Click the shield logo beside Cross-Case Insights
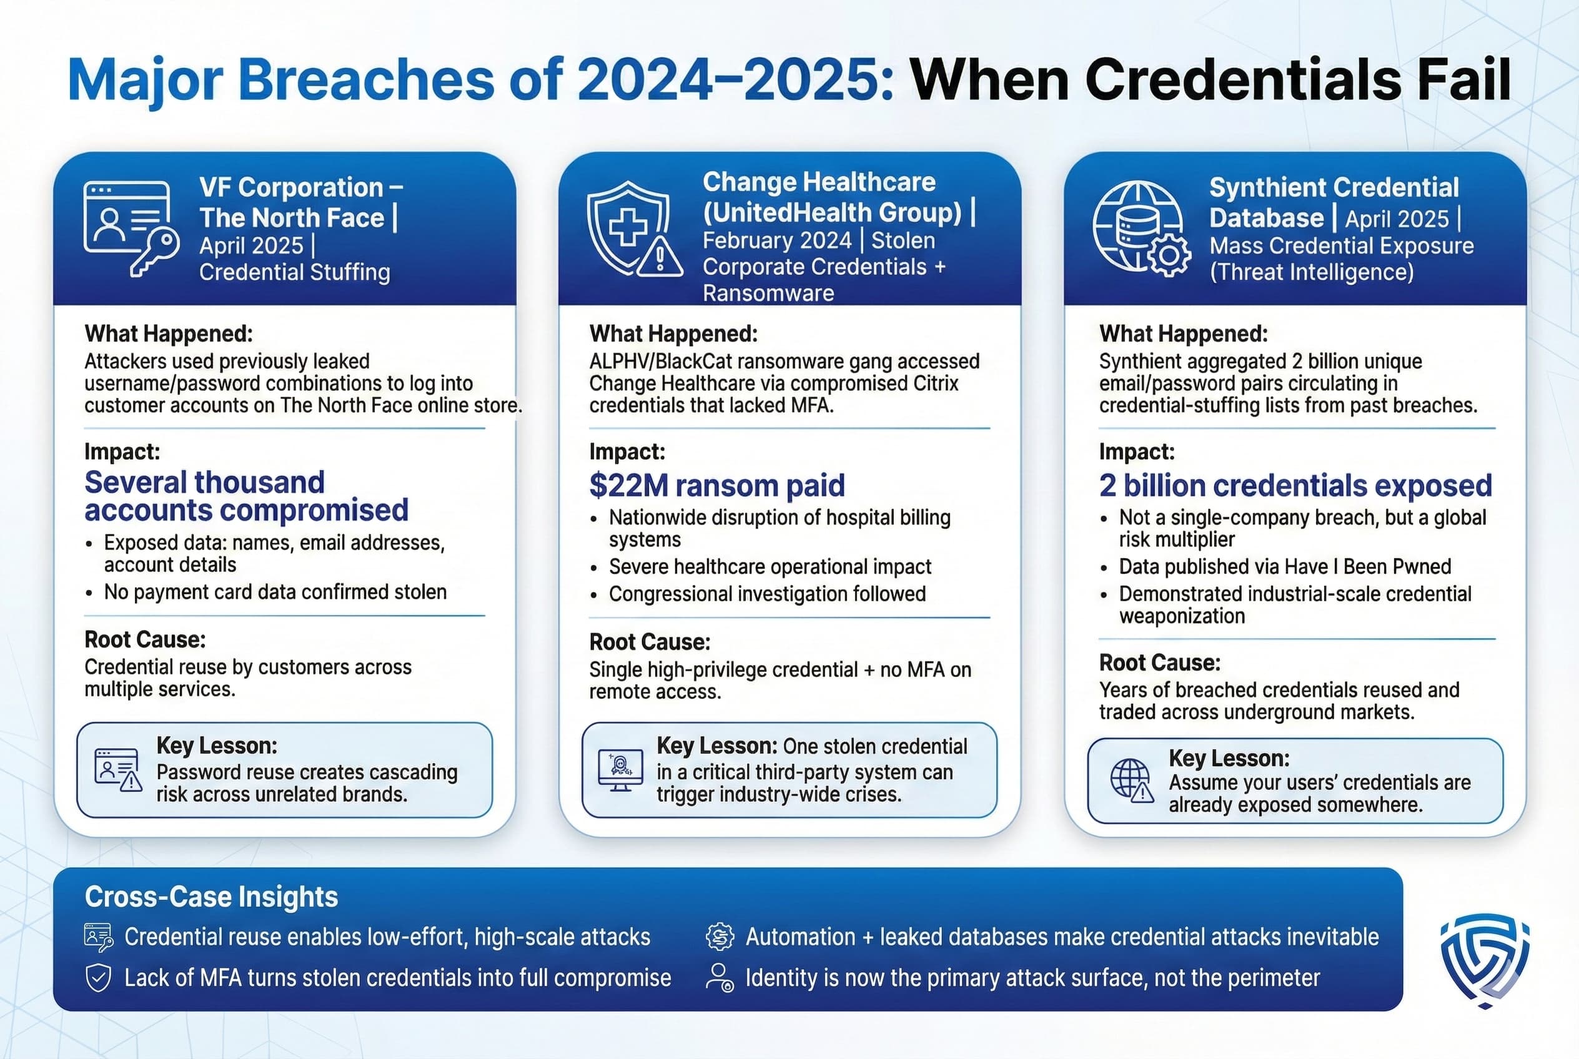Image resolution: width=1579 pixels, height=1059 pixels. coord(1485,960)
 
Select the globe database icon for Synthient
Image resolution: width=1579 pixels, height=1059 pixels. coord(1141,229)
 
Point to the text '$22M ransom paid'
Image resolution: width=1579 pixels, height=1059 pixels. coord(717,485)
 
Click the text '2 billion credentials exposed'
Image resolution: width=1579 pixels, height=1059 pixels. coord(1295,485)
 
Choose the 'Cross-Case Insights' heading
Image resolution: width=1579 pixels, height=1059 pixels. coord(210,896)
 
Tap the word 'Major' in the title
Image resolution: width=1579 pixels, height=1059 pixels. coord(146,81)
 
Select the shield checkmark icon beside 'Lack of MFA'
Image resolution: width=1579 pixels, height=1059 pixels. coord(99,977)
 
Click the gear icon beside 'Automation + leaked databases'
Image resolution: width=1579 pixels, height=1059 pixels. coord(720,936)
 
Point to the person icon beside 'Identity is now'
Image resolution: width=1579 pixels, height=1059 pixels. coord(720,977)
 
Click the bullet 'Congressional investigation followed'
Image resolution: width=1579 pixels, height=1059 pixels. coord(767,594)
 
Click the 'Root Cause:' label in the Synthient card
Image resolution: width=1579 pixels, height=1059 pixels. coord(1159,662)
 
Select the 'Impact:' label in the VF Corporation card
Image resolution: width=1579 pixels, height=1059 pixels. coord(122,451)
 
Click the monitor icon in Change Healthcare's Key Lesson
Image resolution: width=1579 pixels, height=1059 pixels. coord(620,770)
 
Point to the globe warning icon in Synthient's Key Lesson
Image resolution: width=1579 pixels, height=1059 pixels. coord(1132,781)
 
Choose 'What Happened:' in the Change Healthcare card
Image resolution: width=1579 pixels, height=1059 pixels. coord(673,333)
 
